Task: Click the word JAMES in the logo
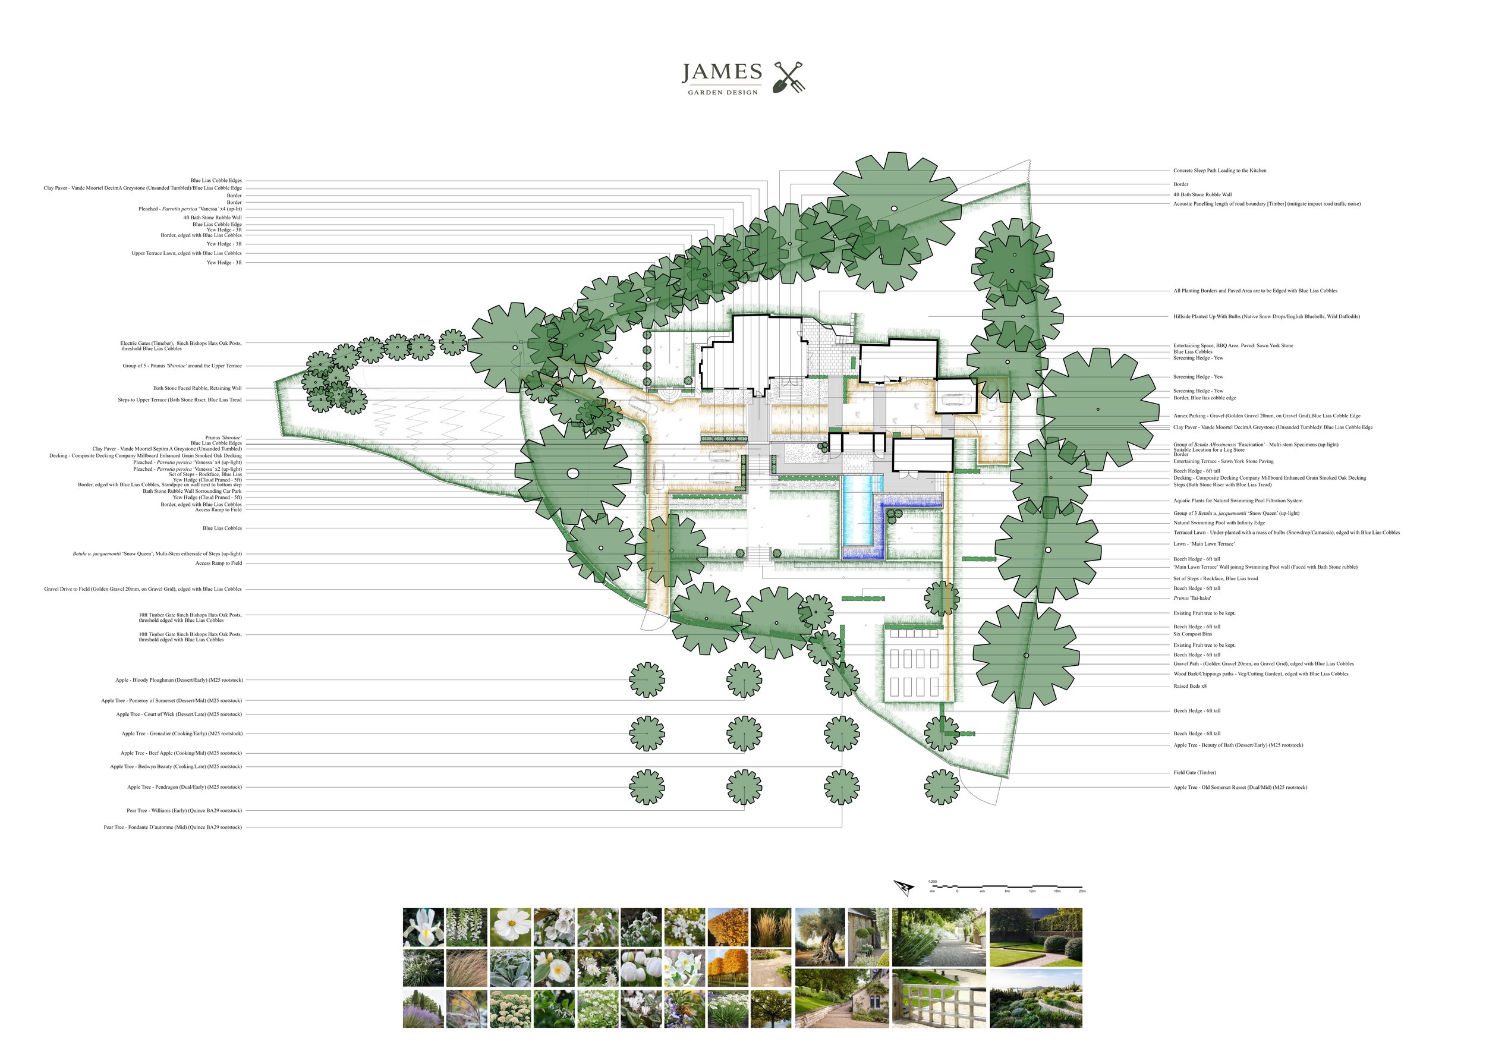click(x=722, y=73)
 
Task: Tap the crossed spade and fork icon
click(x=789, y=77)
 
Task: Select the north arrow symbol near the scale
click(x=903, y=888)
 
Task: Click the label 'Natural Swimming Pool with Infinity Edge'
click(x=1219, y=523)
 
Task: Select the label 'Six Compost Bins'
click(x=1192, y=634)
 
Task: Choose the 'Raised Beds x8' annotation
click(x=1189, y=686)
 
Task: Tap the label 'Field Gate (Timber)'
click(x=1194, y=773)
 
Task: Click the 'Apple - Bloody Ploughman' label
click(x=180, y=680)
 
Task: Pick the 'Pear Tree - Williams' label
click(x=184, y=810)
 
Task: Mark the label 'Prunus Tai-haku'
click(x=1192, y=598)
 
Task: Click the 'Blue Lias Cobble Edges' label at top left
click(x=216, y=181)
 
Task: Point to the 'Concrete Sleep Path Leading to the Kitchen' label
click(x=1219, y=171)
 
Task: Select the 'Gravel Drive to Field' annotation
click(x=143, y=589)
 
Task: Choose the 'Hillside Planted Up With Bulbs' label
click(x=1266, y=316)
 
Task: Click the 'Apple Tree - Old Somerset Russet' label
click(x=1240, y=788)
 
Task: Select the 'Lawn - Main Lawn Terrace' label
click(x=1203, y=543)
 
